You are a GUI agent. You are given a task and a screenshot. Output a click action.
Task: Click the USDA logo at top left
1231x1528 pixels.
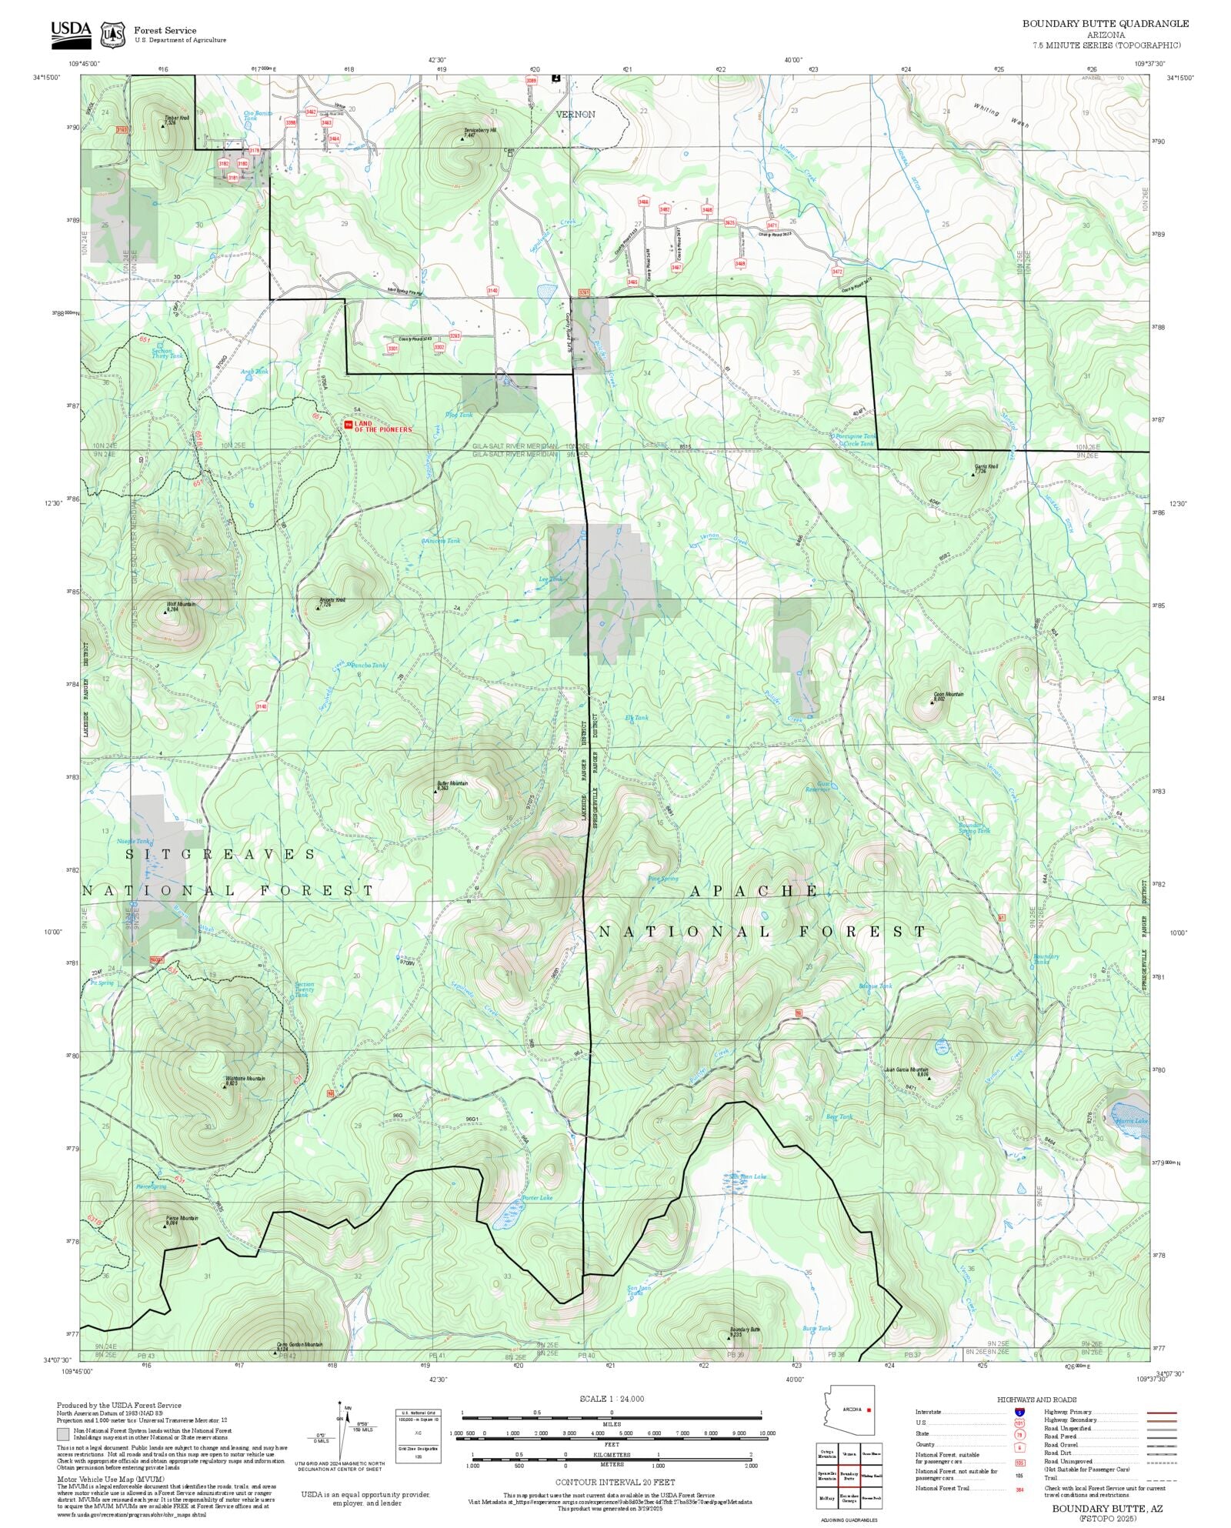click(71, 33)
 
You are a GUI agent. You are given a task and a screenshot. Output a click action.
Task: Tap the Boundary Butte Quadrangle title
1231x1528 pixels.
click(1105, 24)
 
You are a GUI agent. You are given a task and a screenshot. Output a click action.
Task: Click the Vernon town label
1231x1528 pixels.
click(575, 114)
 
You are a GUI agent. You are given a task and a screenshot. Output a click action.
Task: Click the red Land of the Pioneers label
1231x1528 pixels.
click(382, 426)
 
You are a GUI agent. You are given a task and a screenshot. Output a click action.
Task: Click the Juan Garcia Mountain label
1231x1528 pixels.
click(906, 1069)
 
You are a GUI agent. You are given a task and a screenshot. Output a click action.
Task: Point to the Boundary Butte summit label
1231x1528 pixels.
click(744, 1331)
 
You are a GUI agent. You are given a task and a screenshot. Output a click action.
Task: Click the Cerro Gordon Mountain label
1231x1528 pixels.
click(299, 1346)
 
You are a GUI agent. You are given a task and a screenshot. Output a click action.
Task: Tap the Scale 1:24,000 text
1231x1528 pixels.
click(612, 1399)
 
